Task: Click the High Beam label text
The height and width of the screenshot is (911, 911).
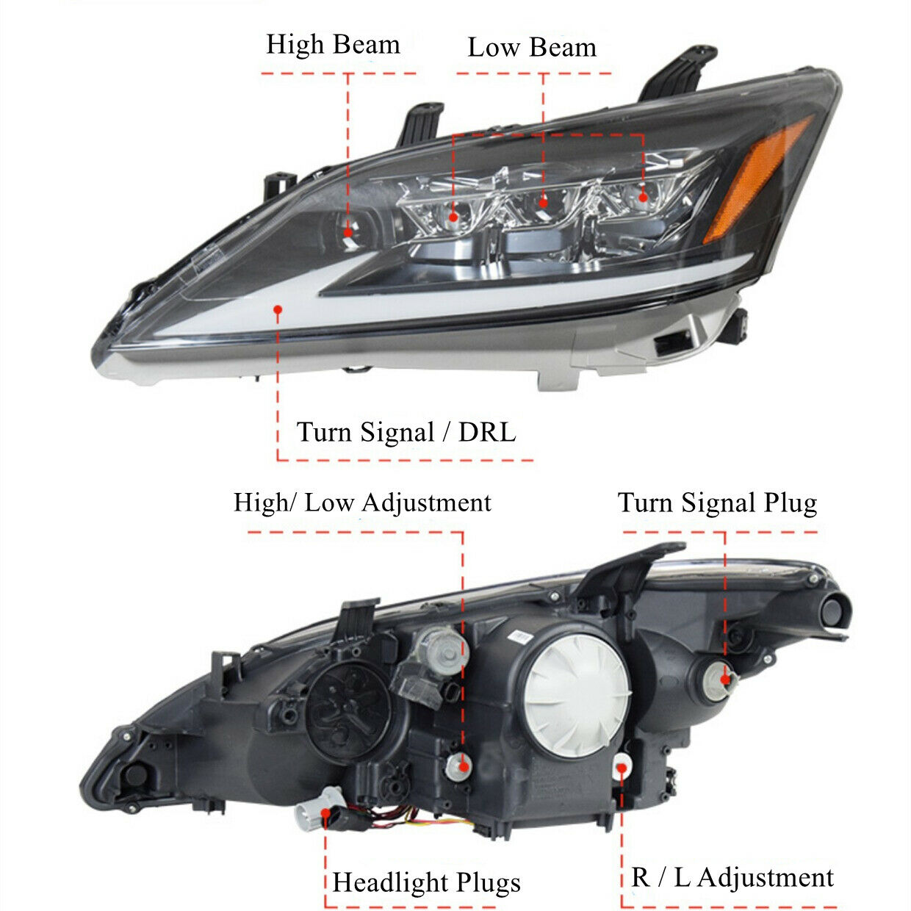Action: coord(333,45)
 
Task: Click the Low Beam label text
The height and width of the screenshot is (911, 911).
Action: coord(532,48)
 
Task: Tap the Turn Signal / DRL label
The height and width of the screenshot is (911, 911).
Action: coord(406,432)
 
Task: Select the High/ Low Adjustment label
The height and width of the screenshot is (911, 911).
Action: coord(362,503)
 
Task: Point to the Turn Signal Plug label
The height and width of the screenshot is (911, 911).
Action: coord(717,503)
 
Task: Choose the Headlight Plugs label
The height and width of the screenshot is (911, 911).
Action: coord(426,882)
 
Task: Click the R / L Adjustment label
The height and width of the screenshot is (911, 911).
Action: coord(732,878)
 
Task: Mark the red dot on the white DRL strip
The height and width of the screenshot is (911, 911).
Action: coord(278,310)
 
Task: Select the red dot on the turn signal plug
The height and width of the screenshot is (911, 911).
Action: coord(726,679)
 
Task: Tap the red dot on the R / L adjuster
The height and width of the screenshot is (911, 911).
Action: coord(622,768)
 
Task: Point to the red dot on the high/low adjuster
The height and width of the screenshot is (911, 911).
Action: coord(464,766)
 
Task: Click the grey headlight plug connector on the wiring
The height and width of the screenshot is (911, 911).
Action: coord(314,813)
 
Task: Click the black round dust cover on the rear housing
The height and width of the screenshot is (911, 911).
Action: coord(348,710)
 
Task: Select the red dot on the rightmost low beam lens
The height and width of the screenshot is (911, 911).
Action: coord(643,196)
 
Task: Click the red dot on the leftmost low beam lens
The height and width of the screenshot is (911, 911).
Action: coord(453,217)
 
